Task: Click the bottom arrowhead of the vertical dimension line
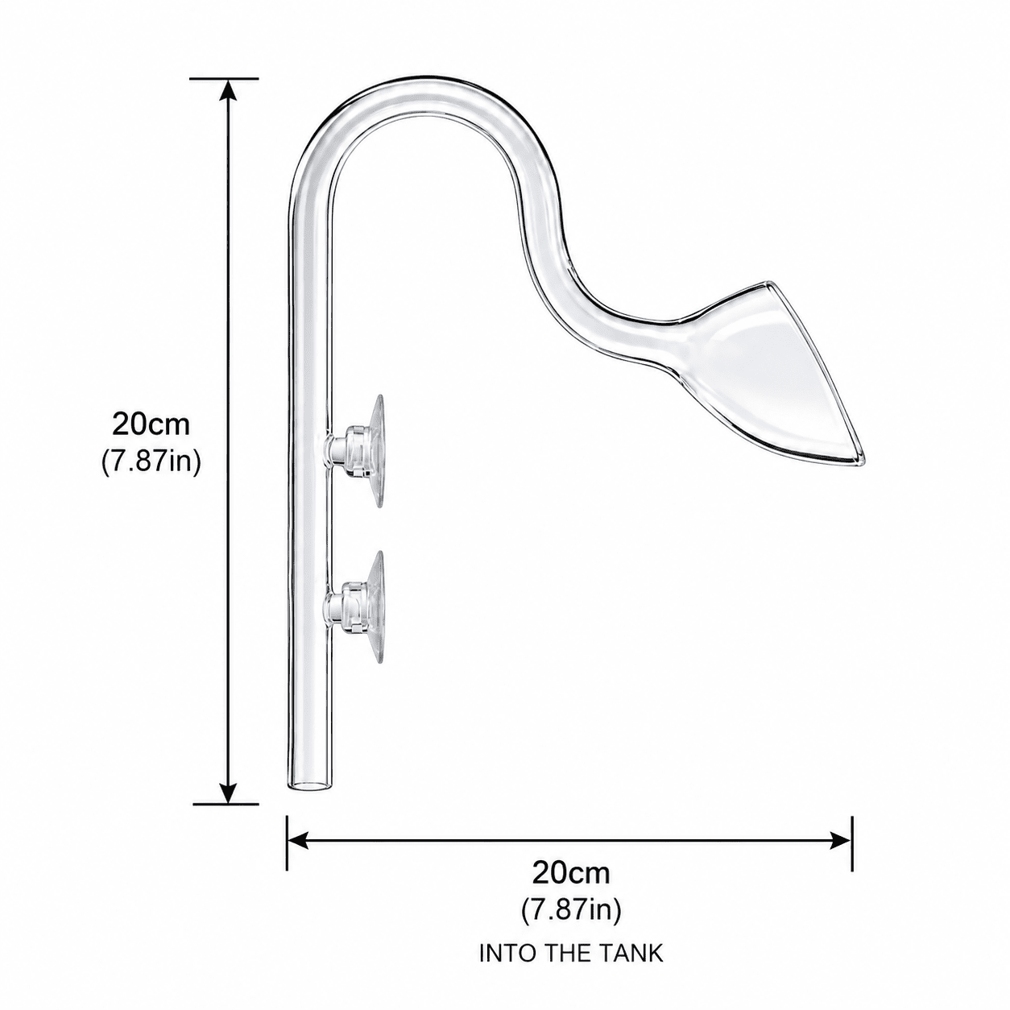(226, 787)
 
